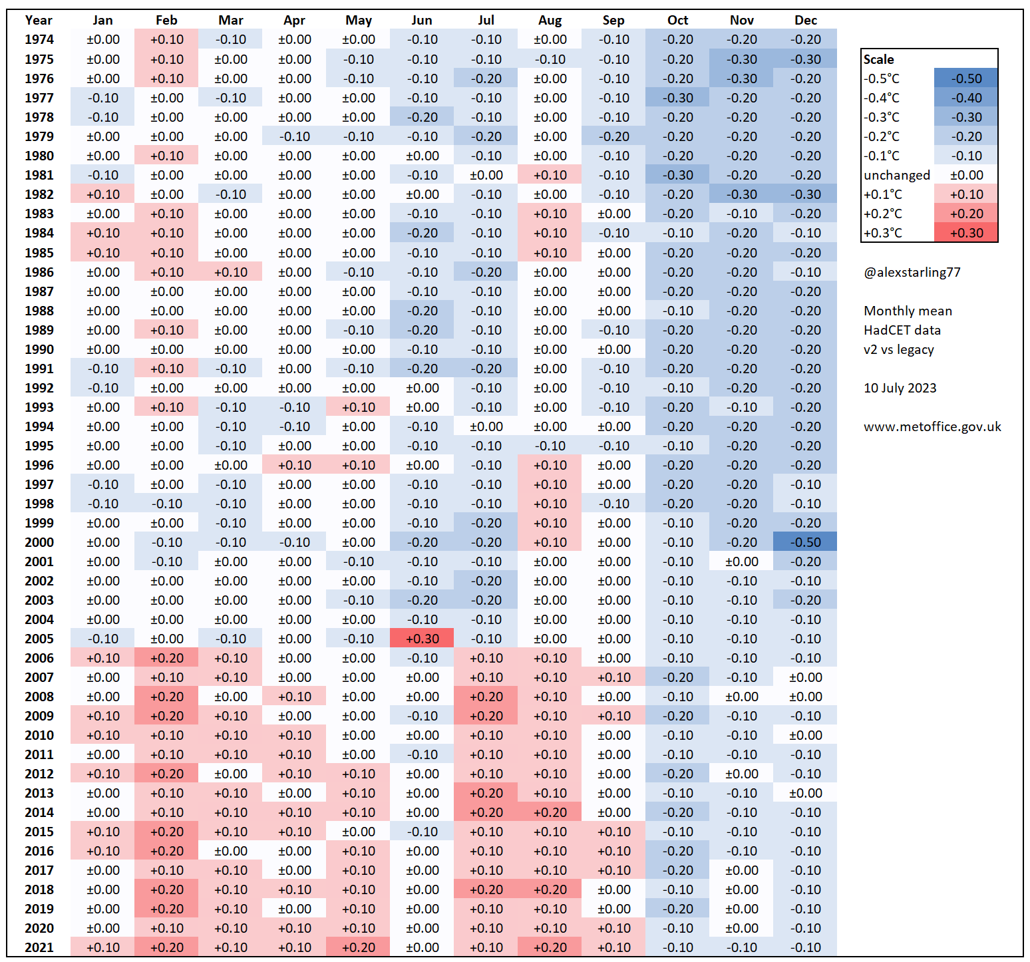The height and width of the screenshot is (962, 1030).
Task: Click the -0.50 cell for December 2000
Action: (805, 542)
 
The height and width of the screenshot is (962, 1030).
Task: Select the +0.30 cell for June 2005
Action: (422, 639)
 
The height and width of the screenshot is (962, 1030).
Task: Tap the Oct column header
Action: (677, 21)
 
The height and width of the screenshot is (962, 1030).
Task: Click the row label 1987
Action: (39, 291)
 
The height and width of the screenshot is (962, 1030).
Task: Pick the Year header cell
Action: (39, 21)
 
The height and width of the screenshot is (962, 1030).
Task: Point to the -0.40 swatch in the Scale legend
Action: (966, 98)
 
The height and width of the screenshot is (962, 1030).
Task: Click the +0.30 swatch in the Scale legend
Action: (966, 233)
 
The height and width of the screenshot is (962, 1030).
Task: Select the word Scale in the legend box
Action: (878, 59)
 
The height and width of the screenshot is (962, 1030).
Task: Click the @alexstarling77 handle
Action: (912, 272)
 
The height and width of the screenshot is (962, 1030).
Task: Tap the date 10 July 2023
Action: (900, 388)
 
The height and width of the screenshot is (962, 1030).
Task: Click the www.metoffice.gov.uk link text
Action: (932, 426)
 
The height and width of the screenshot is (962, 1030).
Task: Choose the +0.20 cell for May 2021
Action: (358, 947)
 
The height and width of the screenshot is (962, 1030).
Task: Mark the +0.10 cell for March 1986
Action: (230, 272)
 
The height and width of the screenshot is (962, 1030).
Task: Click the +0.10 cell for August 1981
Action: (550, 175)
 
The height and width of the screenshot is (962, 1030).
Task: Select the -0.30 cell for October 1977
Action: (677, 98)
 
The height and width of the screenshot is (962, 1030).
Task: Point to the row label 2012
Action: (39, 774)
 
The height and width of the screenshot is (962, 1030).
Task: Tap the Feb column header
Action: (166, 21)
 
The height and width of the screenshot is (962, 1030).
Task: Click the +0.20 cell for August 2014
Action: (550, 812)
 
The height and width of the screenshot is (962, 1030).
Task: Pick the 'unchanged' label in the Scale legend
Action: (896, 175)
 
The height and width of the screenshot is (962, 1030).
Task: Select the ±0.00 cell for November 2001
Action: (741, 561)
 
